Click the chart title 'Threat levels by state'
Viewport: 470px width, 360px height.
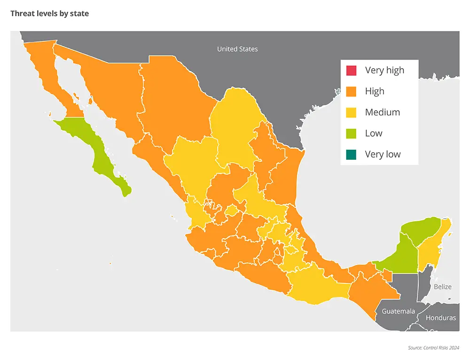(x=49, y=14)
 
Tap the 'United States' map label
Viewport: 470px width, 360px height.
(x=237, y=49)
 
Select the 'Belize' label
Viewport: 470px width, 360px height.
(x=442, y=287)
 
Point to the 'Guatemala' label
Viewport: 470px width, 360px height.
(x=398, y=311)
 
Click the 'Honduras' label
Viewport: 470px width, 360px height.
(x=440, y=318)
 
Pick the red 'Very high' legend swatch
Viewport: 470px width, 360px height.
(x=351, y=70)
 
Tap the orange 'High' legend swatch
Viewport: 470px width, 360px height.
(x=351, y=91)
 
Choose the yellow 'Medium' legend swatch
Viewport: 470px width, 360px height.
(x=351, y=112)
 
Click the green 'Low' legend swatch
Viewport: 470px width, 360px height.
(x=351, y=133)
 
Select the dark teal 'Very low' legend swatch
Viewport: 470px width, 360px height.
(x=351, y=154)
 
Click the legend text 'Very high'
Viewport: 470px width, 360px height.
(x=384, y=70)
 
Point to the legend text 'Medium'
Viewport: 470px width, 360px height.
(x=383, y=112)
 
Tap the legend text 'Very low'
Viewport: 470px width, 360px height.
(x=383, y=154)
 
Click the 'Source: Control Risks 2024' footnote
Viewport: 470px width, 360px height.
(x=433, y=348)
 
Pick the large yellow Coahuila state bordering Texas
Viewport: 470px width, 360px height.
(x=233, y=127)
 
